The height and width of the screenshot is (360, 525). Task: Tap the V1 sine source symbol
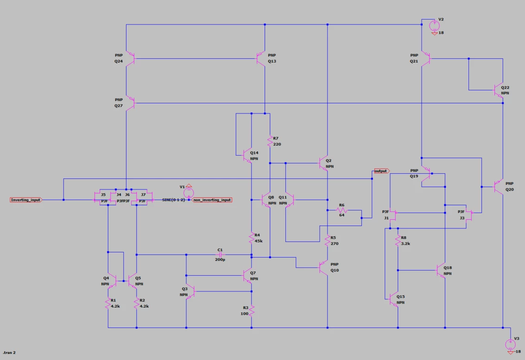point(189,193)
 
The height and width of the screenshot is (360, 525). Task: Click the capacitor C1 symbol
point(220,255)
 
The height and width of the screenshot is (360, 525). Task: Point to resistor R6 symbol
point(342,210)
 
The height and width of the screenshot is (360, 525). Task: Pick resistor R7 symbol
point(270,141)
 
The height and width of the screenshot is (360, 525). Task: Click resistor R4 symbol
point(252,238)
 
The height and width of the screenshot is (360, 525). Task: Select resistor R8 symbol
point(398,240)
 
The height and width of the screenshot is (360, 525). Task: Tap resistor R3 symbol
point(252,311)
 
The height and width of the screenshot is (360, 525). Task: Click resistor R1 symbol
point(108,303)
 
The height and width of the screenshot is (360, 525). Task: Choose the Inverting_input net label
point(26,200)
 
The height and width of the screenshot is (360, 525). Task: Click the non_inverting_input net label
point(212,200)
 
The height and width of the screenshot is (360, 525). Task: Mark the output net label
point(382,171)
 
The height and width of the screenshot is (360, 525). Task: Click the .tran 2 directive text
point(9,352)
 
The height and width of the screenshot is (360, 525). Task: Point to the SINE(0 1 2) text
point(173,200)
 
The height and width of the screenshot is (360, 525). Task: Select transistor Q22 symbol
point(499,90)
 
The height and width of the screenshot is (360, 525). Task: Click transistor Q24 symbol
point(130,58)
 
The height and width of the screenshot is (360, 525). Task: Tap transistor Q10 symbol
point(323,268)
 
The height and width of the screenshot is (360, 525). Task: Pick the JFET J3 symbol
point(469,215)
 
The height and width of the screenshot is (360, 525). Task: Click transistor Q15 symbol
point(394,299)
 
